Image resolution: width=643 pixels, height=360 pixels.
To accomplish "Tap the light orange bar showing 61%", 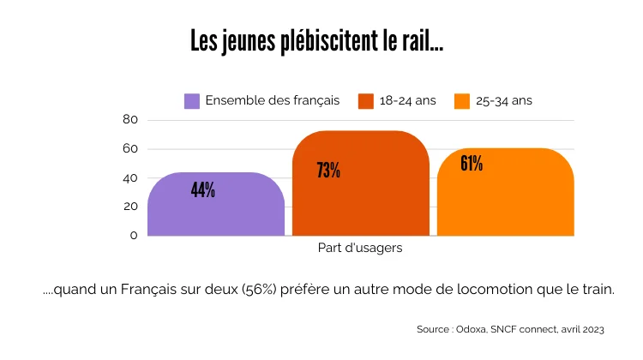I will tap(505, 201).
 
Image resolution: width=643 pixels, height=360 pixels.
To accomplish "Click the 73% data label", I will tap(328, 171).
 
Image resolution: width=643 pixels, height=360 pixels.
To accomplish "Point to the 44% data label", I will tap(203, 190).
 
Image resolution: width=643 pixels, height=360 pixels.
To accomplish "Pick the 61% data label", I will tap(472, 163).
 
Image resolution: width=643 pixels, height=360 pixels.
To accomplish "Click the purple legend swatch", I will tap(192, 101).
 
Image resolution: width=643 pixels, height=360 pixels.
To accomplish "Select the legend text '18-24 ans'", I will tap(407, 101).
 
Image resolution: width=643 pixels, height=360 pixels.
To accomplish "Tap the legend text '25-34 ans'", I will tap(504, 101).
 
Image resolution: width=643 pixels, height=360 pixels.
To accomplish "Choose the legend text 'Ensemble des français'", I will tap(273, 101).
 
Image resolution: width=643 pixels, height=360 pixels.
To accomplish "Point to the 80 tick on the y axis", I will tap(129, 120).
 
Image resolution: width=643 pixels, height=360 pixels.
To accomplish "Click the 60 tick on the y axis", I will tap(129, 149).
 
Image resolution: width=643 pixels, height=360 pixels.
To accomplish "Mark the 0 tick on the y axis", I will tap(133, 235).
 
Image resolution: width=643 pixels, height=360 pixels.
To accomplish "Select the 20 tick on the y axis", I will tap(129, 207).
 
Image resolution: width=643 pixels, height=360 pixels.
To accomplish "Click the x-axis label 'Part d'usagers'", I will tap(360, 249).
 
